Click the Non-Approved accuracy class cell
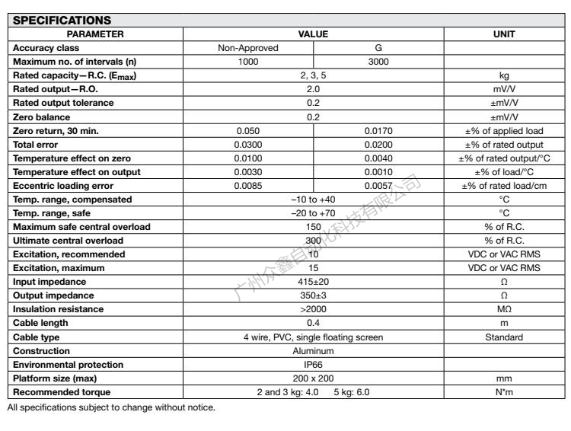click(x=248, y=48)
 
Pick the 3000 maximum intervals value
click(x=378, y=62)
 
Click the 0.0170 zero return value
click(x=378, y=130)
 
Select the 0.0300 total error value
click(x=248, y=145)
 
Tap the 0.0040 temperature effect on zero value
click(x=378, y=158)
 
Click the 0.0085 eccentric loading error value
click(x=248, y=186)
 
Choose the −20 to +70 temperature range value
click(x=313, y=213)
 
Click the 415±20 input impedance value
click(x=313, y=282)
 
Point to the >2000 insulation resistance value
click(x=313, y=309)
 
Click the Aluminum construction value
click(x=313, y=351)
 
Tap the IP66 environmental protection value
click(x=313, y=365)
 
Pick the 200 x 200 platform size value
click(x=313, y=378)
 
